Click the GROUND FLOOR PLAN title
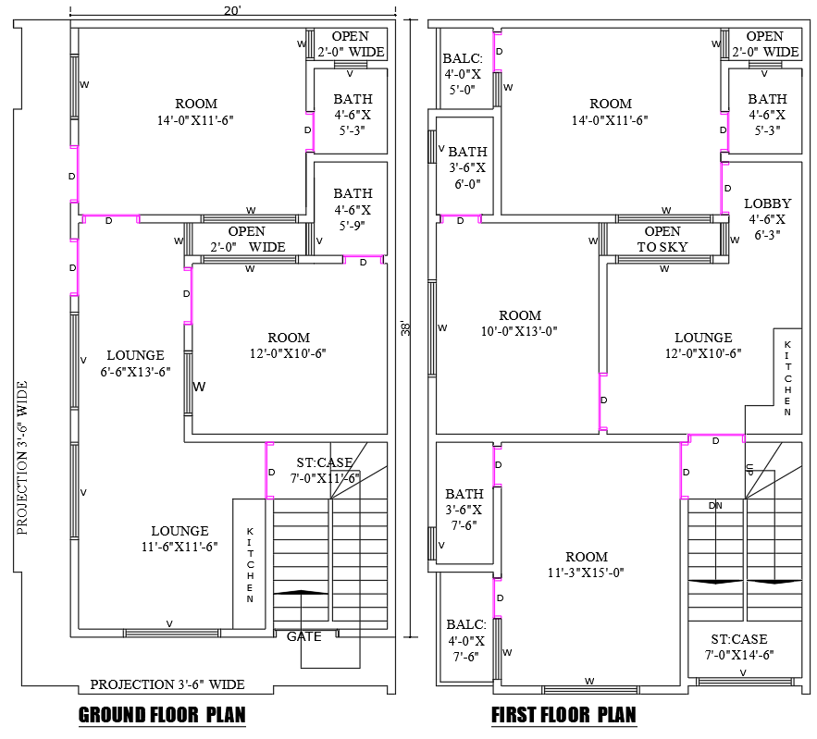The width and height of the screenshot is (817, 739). click(162, 715)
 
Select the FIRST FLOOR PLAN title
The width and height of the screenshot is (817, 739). click(563, 715)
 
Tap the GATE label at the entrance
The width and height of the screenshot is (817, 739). click(303, 636)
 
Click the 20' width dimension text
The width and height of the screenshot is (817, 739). click(232, 9)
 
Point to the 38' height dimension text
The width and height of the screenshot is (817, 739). click(405, 328)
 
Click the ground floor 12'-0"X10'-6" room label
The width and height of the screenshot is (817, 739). click(289, 345)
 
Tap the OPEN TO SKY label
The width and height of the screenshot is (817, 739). click(662, 240)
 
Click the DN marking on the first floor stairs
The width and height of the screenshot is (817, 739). click(715, 505)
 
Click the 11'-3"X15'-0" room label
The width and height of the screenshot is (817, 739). click(587, 564)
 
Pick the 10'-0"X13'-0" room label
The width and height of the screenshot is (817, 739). click(519, 323)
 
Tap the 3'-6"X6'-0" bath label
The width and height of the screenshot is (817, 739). click(467, 167)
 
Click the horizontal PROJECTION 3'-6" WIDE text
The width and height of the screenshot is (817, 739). click(167, 684)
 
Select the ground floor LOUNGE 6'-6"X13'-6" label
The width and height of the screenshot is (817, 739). click(135, 363)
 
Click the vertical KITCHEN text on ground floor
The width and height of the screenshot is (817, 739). click(250, 565)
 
